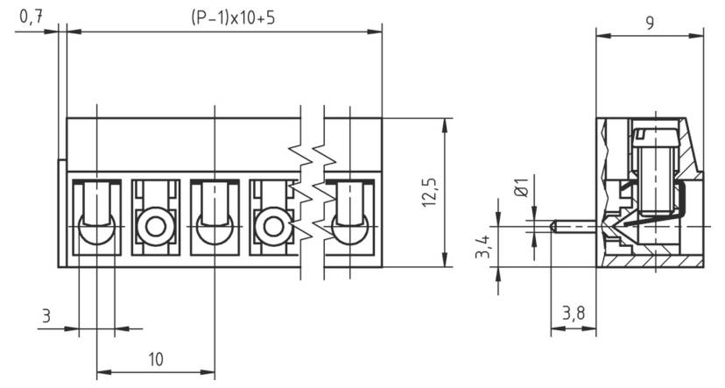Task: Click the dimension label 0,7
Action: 31,17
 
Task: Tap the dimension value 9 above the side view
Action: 650,23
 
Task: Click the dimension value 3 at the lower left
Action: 46,314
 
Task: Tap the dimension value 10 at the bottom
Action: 155,358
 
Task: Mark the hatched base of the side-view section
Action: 653,261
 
